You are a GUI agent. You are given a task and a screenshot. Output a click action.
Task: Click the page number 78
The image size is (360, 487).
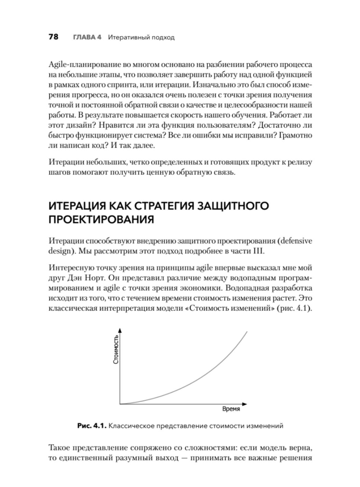click(54, 37)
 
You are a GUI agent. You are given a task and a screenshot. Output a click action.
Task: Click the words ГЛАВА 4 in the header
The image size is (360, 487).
click(87, 37)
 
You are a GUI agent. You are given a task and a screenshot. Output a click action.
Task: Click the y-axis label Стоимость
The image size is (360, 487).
click(116, 349)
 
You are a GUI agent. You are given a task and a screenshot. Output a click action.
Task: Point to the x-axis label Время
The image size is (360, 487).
click(231, 409)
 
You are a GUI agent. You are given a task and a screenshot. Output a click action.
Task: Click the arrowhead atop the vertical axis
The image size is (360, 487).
click(120, 330)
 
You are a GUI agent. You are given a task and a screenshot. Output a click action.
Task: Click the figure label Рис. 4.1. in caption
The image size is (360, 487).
click(92, 426)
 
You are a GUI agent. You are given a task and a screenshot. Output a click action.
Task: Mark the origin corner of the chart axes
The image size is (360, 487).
click(120, 404)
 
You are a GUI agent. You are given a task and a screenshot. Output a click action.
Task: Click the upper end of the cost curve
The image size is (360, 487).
click(246, 331)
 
